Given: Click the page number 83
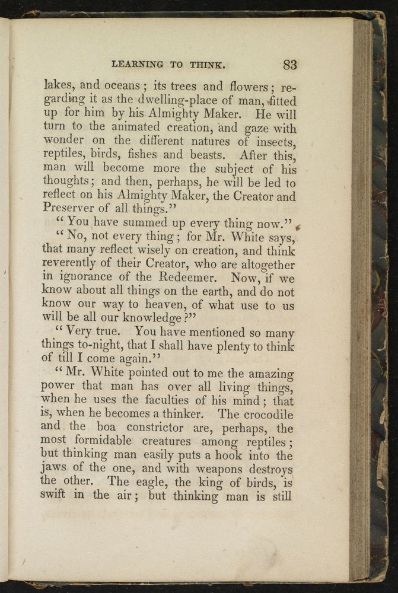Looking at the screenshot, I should (290, 65).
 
